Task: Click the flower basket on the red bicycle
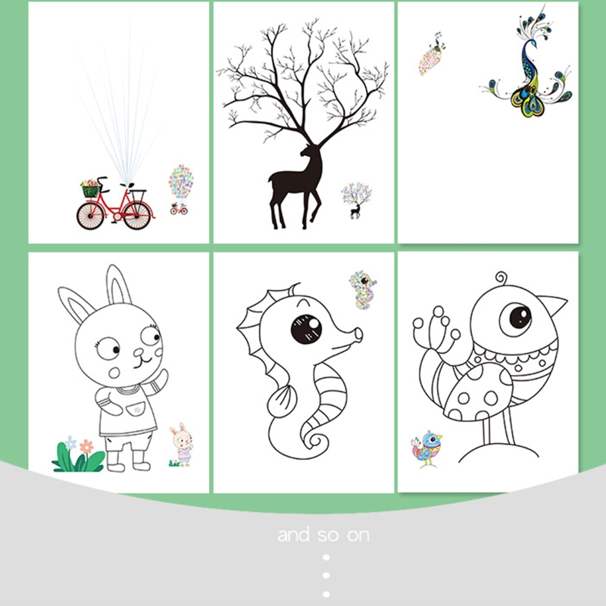(x=89, y=189)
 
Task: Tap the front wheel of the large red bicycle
(x=90, y=216)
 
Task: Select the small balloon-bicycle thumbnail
(x=180, y=189)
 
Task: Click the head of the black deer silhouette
(x=308, y=151)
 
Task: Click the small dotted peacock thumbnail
(x=431, y=54)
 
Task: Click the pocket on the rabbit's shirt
(x=136, y=409)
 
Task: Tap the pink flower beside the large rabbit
(x=86, y=446)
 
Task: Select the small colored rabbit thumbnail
(x=182, y=445)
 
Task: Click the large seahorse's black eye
(x=306, y=330)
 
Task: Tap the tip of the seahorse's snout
(x=358, y=334)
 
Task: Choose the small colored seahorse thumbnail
(x=363, y=290)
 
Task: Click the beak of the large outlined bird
(x=553, y=304)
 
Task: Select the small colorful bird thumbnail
(x=426, y=448)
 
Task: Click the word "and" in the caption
(x=294, y=535)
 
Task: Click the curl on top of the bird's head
(x=501, y=278)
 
